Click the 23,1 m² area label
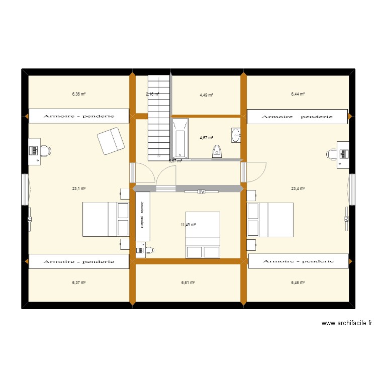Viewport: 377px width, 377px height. [x=79, y=189]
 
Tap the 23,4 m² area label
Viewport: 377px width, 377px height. [x=298, y=189]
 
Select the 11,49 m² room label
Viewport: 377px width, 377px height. [x=188, y=225]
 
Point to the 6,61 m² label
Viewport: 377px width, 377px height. [x=188, y=282]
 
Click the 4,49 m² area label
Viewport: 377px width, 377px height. [x=206, y=95]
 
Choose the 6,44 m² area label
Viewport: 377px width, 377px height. [x=298, y=93]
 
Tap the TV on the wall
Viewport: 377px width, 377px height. [x=202, y=192]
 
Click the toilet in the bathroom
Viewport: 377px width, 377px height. [x=217, y=151]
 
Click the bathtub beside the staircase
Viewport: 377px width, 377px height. [x=179, y=139]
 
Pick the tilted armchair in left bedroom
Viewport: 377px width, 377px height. [x=111, y=141]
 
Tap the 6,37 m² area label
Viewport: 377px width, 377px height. [x=79, y=282]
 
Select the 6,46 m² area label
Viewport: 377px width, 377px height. [x=298, y=282]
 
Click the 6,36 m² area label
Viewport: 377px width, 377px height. [x=79, y=93]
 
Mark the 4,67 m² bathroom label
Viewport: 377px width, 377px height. [x=206, y=138]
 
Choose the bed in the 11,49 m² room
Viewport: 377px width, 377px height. [x=203, y=235]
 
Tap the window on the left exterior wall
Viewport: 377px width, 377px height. [x=25, y=189]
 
